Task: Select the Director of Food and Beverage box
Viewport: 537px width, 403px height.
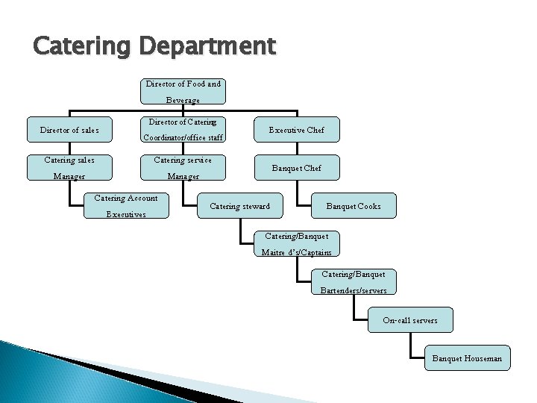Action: pyautogui.click(x=183, y=92)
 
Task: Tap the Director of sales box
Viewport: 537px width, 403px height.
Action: pyautogui.click(x=69, y=130)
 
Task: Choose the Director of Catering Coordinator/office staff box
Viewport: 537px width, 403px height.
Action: pyautogui.click(x=183, y=129)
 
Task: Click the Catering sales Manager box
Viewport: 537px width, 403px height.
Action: pyautogui.click(x=69, y=168)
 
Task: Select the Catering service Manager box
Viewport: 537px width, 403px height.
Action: pyautogui.click(x=183, y=168)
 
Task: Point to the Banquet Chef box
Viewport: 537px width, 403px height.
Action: pyautogui.click(x=297, y=168)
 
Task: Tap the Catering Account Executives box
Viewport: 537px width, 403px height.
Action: pyautogui.click(x=126, y=206)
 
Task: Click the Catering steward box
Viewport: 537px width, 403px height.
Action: pyautogui.click(x=240, y=206)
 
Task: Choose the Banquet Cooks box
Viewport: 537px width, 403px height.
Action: pyautogui.click(x=354, y=206)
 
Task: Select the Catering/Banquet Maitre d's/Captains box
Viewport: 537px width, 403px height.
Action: pyautogui.click(x=297, y=244)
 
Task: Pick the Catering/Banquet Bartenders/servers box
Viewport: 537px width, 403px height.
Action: pyautogui.click(x=354, y=282)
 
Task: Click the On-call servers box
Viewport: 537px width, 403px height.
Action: pyautogui.click(x=410, y=320)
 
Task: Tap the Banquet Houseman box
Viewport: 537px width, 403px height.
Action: pyautogui.click(x=468, y=358)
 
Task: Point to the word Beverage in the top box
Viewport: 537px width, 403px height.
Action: pyautogui.click(x=183, y=100)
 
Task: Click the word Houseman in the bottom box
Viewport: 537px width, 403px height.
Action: pyautogui.click(x=483, y=359)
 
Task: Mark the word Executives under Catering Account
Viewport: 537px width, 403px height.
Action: pyautogui.click(x=126, y=214)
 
